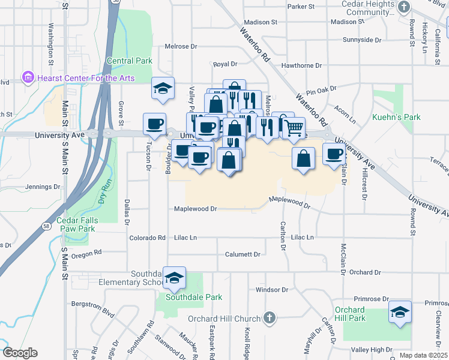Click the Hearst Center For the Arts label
click(x=86, y=77)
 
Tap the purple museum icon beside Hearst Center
click(x=28, y=77)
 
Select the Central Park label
click(x=130, y=61)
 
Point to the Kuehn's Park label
click(x=396, y=117)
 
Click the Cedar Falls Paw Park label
click(x=76, y=224)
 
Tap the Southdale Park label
click(x=194, y=297)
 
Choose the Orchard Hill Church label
click(x=224, y=319)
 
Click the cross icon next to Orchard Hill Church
click(x=270, y=318)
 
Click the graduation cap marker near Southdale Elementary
click(x=175, y=278)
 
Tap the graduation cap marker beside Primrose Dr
click(x=400, y=312)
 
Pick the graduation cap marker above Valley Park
click(x=163, y=88)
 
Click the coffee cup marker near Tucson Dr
click(x=155, y=124)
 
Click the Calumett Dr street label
click(x=243, y=254)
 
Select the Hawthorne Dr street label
click(x=301, y=65)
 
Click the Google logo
click(x=20, y=353)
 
